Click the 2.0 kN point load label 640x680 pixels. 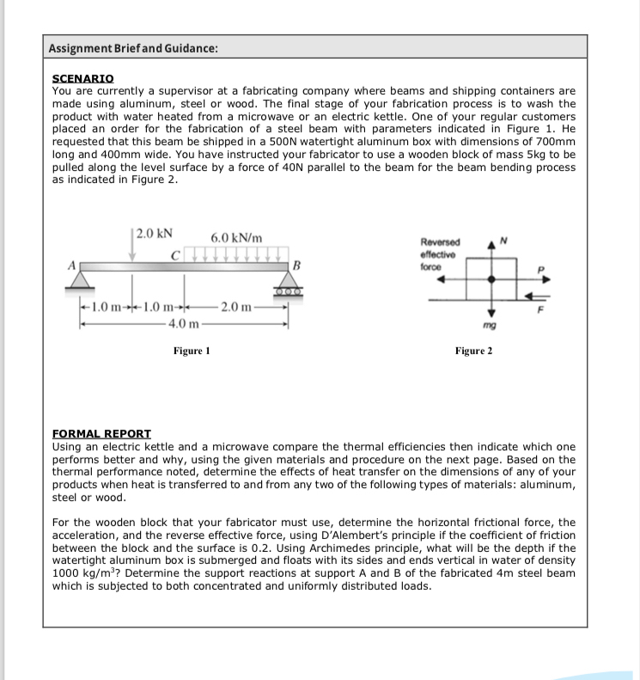point(154,233)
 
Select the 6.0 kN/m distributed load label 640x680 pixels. point(236,237)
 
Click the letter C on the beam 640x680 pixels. point(174,254)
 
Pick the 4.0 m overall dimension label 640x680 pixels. point(184,323)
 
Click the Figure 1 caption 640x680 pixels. point(192,351)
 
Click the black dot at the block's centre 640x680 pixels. point(491,279)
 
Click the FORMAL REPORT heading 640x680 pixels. point(101,434)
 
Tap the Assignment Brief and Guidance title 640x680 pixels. point(133,48)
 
